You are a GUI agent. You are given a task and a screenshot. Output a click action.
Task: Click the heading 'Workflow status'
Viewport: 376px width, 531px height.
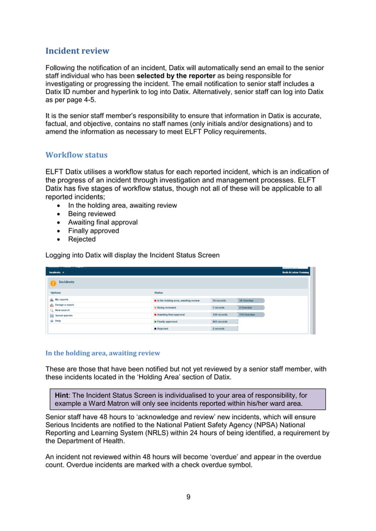click(77, 155)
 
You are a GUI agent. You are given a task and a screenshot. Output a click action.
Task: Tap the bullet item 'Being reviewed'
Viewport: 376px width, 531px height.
click(91, 214)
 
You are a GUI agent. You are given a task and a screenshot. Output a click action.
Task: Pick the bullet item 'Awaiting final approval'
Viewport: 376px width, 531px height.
click(103, 223)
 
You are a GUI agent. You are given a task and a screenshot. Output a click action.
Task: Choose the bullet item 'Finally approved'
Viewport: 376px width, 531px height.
click(93, 231)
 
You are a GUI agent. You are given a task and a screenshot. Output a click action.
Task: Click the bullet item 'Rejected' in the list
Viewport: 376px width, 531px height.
click(81, 239)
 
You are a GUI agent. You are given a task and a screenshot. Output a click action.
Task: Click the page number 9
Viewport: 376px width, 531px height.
click(188, 497)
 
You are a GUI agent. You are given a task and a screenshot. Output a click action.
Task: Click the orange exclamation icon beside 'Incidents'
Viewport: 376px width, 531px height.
click(52, 283)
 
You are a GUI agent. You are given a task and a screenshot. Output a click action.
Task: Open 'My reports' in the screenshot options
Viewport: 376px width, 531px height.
click(61, 300)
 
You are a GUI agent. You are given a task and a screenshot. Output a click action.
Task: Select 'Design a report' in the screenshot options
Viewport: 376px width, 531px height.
click(64, 305)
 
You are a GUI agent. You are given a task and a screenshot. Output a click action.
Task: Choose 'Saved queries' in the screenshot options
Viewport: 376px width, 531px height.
click(64, 316)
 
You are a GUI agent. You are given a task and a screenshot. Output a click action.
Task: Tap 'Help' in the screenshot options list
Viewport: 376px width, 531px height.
click(58, 321)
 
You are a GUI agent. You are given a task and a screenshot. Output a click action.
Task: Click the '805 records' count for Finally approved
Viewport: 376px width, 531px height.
click(220, 321)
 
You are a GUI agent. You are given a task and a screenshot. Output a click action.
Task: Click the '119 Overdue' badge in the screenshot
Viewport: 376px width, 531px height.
click(247, 314)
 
